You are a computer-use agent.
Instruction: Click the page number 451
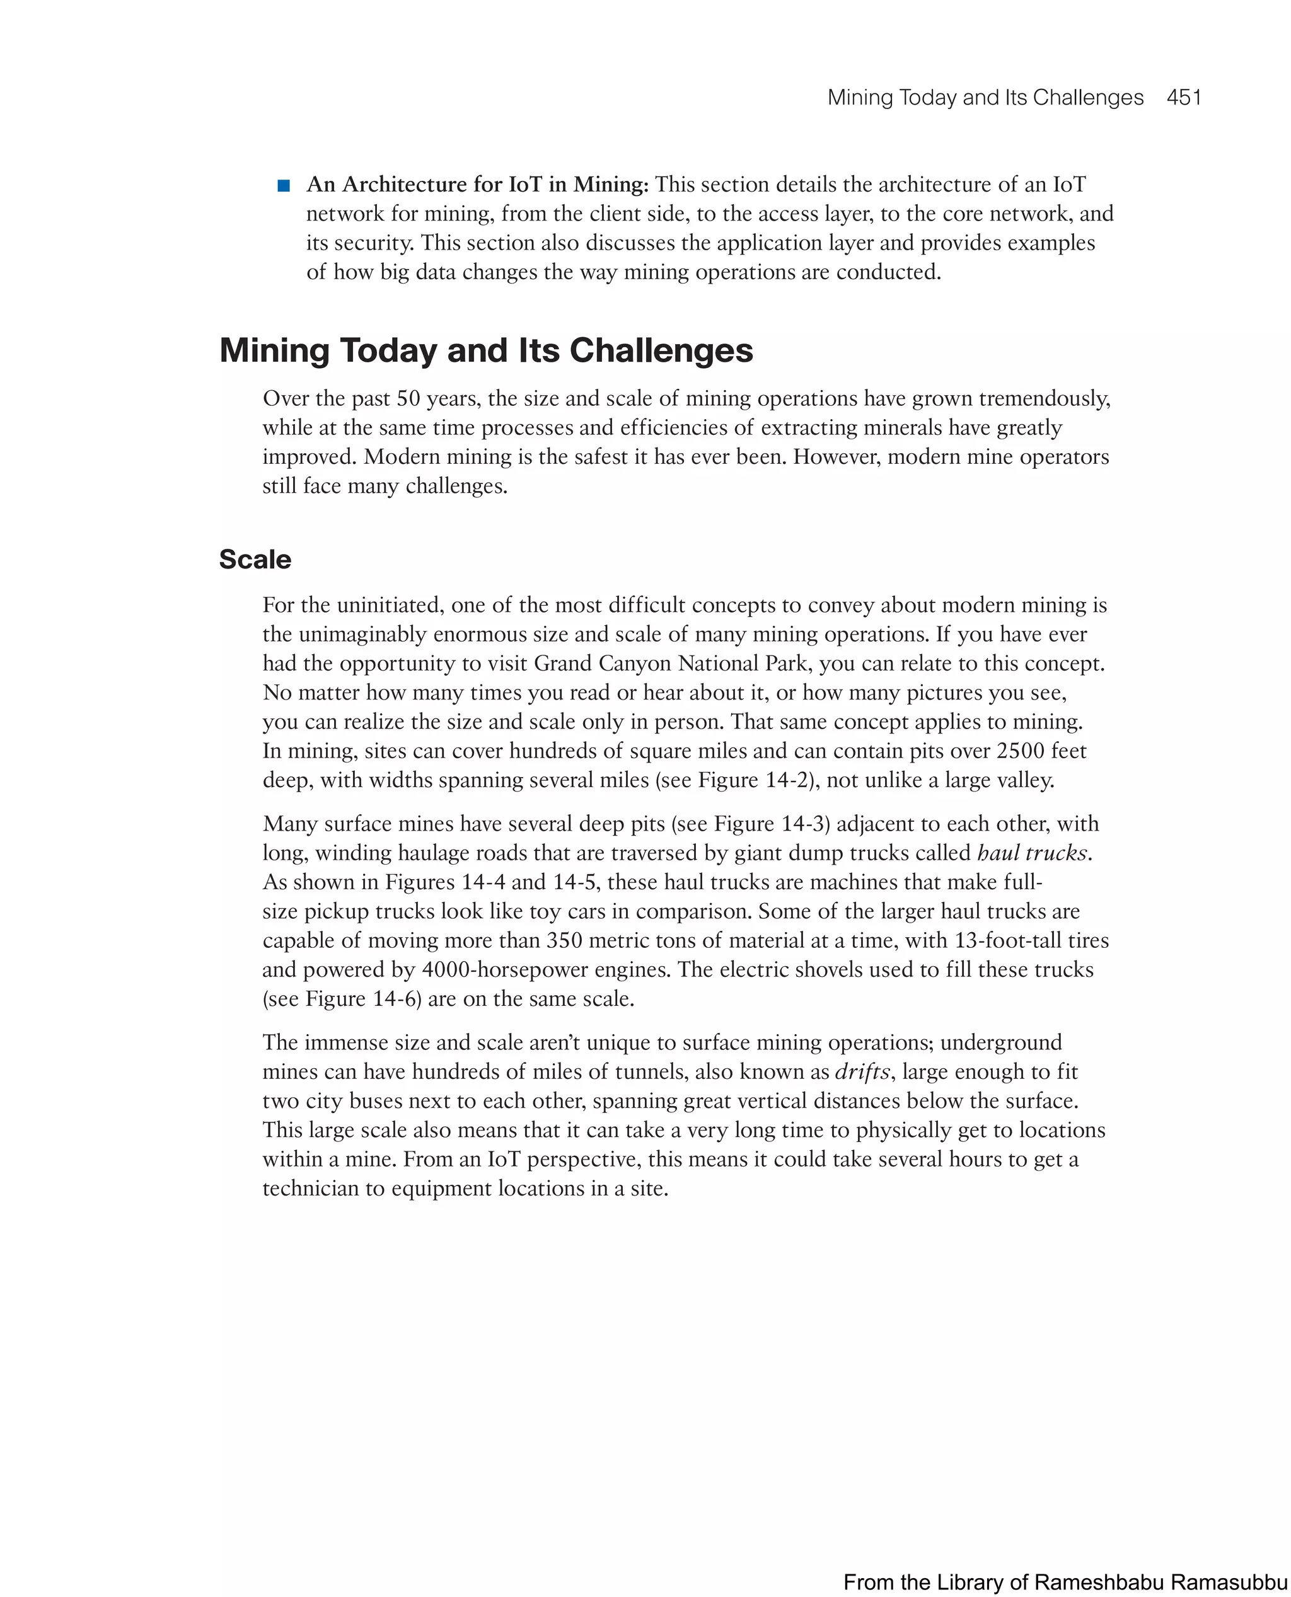[1184, 98]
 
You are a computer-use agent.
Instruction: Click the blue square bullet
[283, 185]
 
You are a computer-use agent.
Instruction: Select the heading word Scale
[255, 560]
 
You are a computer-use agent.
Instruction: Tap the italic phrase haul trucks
[1032, 853]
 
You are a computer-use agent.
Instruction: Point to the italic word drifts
[862, 1071]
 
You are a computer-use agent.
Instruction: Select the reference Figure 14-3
[768, 824]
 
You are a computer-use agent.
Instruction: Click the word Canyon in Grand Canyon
[635, 663]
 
